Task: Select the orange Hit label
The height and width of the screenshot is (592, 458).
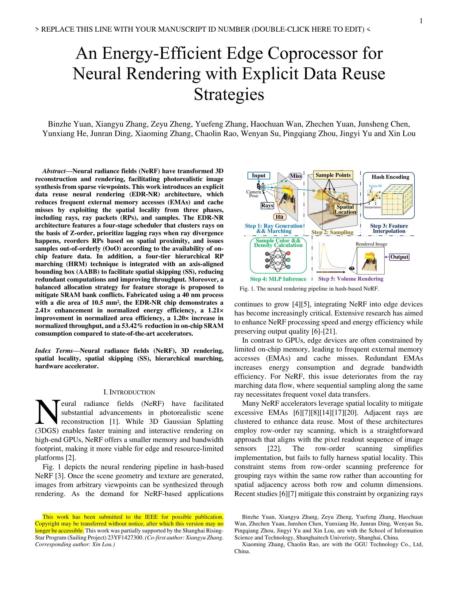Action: click(279, 217)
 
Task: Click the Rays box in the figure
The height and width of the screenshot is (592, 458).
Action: click(267, 206)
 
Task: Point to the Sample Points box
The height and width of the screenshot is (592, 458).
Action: click(333, 175)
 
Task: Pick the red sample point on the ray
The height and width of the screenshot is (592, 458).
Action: click(324, 191)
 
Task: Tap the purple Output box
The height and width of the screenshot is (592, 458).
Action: click(399, 257)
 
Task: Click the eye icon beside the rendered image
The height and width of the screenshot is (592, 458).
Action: click(352, 268)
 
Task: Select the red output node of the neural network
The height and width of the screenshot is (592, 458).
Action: click(288, 253)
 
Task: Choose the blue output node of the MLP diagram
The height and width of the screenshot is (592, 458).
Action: click(288, 267)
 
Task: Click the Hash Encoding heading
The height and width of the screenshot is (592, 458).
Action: click(390, 177)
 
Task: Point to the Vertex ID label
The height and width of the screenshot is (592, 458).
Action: click(375, 186)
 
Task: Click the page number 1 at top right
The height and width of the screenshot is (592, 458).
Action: click(421, 21)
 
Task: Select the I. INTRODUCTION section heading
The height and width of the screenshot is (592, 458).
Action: click(129, 392)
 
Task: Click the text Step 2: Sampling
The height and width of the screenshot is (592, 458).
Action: click(332, 232)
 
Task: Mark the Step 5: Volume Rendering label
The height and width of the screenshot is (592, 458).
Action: click(350, 279)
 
